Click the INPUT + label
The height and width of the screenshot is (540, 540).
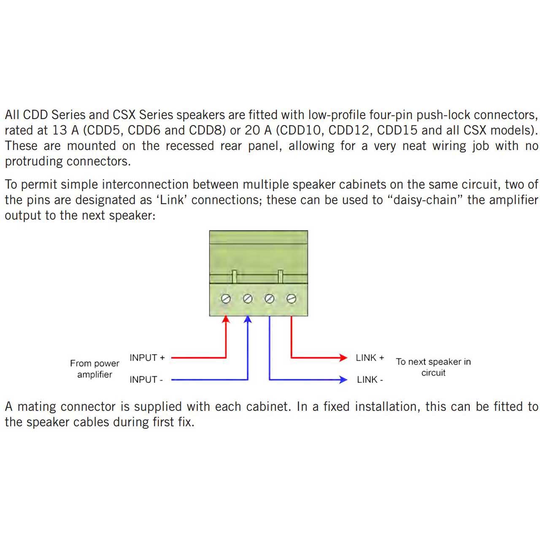[147, 358]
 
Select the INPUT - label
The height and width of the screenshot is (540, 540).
[146, 380]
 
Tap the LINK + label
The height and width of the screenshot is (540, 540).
[370, 358]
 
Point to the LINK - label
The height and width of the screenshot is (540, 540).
[370, 380]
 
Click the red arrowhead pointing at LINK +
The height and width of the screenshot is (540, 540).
[343, 358]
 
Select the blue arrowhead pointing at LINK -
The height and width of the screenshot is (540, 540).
[343, 380]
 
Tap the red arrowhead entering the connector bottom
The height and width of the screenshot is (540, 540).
[226, 319]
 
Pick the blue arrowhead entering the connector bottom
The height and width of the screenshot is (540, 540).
[248, 319]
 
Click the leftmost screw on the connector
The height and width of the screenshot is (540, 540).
[226, 299]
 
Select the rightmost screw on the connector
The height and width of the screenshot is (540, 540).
[292, 299]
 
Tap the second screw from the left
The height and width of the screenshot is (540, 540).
[248, 299]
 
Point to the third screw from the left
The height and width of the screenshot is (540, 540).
[270, 299]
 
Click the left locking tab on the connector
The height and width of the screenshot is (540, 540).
[235, 277]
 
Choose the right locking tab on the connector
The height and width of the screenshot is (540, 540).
[281, 277]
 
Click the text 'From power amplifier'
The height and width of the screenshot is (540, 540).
[95, 369]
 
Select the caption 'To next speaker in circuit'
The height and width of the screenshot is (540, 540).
[433, 367]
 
